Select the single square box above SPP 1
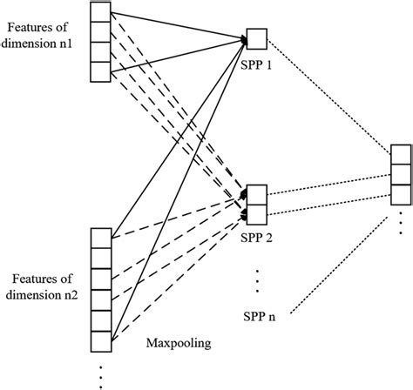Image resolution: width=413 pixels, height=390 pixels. [257, 37]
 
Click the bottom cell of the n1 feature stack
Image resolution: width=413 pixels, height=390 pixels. [102, 73]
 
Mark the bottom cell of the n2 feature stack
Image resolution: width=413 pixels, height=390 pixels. [102, 341]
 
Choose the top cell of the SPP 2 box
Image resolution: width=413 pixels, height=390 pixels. [257, 192]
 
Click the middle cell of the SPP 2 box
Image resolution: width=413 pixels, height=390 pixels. [257, 205]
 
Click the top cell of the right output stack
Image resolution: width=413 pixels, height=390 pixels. [400, 155]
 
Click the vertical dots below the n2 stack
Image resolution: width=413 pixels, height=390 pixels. [102, 372]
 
